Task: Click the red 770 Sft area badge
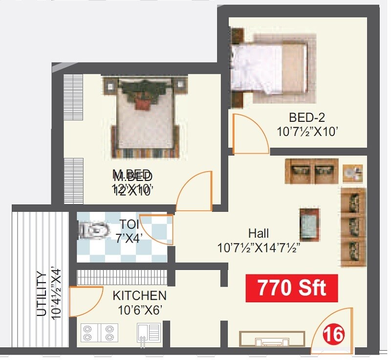point(291,288)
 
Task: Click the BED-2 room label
point(306,117)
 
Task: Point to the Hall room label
point(258,234)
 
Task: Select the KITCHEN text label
point(139,296)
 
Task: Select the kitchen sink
point(148,333)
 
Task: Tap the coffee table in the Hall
point(310,225)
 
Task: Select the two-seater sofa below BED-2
point(312,171)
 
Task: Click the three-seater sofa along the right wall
point(353,227)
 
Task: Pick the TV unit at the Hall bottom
point(272,339)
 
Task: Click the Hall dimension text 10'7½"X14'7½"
point(258,248)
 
